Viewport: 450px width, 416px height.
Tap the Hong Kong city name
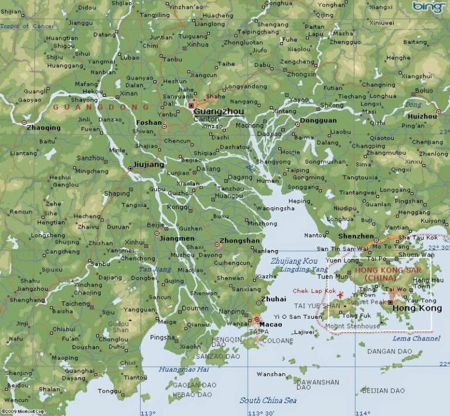pos(417,308)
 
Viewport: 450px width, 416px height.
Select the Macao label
pos(271,324)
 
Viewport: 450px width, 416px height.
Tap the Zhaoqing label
pos(43,127)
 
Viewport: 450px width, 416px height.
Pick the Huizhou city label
pos(422,117)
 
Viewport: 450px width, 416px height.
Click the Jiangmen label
pos(178,238)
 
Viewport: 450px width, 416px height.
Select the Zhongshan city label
pos(239,241)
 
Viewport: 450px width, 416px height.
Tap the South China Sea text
pos(268,400)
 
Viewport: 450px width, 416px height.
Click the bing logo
pos(429,7)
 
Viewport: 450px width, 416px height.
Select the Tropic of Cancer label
pos(27,26)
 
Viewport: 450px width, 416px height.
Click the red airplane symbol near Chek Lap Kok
pos(340,295)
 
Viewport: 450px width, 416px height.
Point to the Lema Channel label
pos(417,339)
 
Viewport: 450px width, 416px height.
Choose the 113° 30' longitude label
pos(261,412)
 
